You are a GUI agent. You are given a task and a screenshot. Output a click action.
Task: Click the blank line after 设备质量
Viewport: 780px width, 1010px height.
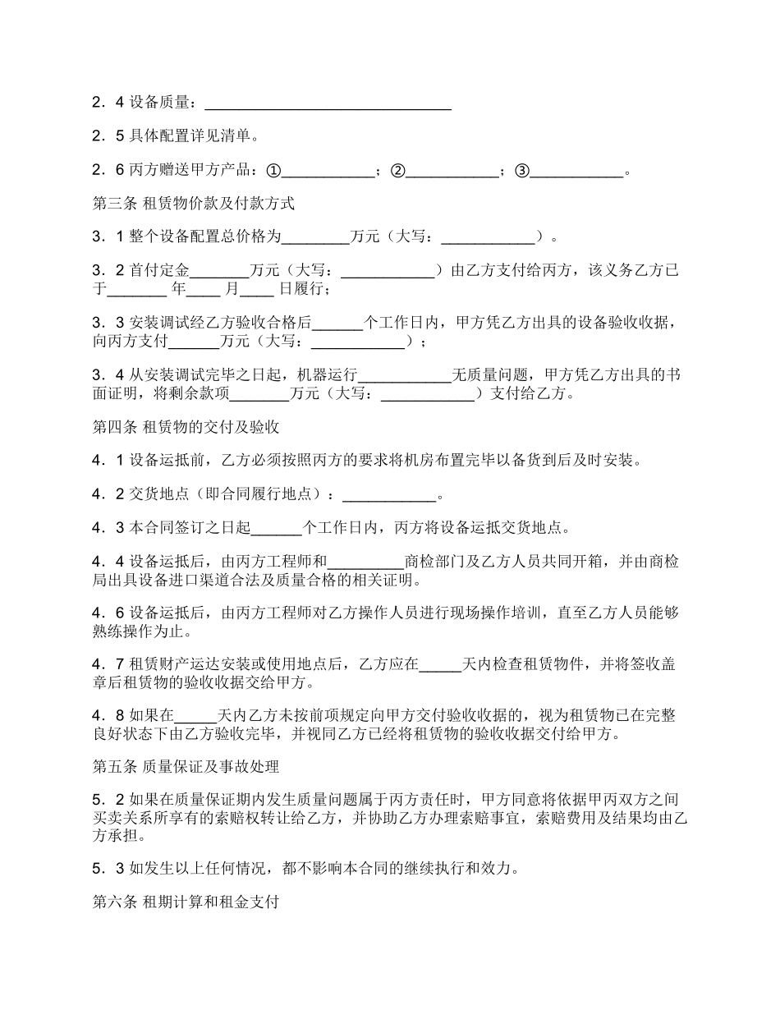tap(327, 104)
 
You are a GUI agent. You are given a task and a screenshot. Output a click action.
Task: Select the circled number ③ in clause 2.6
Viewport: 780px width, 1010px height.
tap(522, 171)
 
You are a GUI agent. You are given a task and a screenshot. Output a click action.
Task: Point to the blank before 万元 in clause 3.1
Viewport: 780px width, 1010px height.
tap(316, 237)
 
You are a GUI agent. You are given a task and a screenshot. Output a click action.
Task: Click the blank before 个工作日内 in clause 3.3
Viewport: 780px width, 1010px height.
tap(337, 323)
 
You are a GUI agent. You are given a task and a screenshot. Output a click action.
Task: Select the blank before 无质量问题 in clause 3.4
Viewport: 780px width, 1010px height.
tap(406, 375)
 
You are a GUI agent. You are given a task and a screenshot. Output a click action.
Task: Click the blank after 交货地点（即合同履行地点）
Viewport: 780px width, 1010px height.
tap(388, 495)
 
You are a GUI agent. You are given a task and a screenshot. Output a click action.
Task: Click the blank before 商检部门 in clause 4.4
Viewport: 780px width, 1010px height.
tap(366, 562)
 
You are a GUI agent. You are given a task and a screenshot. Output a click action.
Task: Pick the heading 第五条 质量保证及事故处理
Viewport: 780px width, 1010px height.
tap(186, 767)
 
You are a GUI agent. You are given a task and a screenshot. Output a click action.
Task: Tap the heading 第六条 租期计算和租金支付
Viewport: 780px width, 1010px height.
tap(186, 902)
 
